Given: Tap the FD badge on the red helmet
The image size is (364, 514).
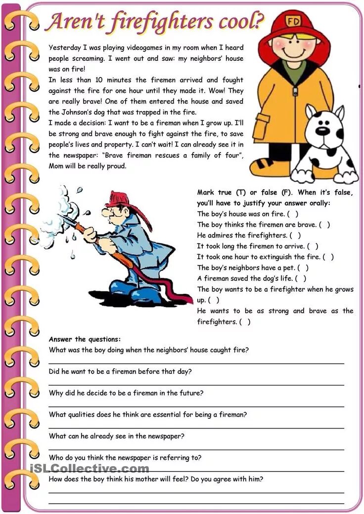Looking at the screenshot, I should (294, 22).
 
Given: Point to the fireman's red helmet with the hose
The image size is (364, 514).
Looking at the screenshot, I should (121, 198).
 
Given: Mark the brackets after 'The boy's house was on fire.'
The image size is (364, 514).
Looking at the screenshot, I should (293, 214).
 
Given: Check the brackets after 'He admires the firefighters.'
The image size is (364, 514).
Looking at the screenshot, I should (295, 236).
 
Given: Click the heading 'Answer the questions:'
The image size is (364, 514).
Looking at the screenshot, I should (85, 339).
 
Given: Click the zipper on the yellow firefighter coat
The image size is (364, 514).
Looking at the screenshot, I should (295, 91).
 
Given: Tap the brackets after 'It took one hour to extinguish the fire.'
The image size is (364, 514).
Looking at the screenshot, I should (328, 257).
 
